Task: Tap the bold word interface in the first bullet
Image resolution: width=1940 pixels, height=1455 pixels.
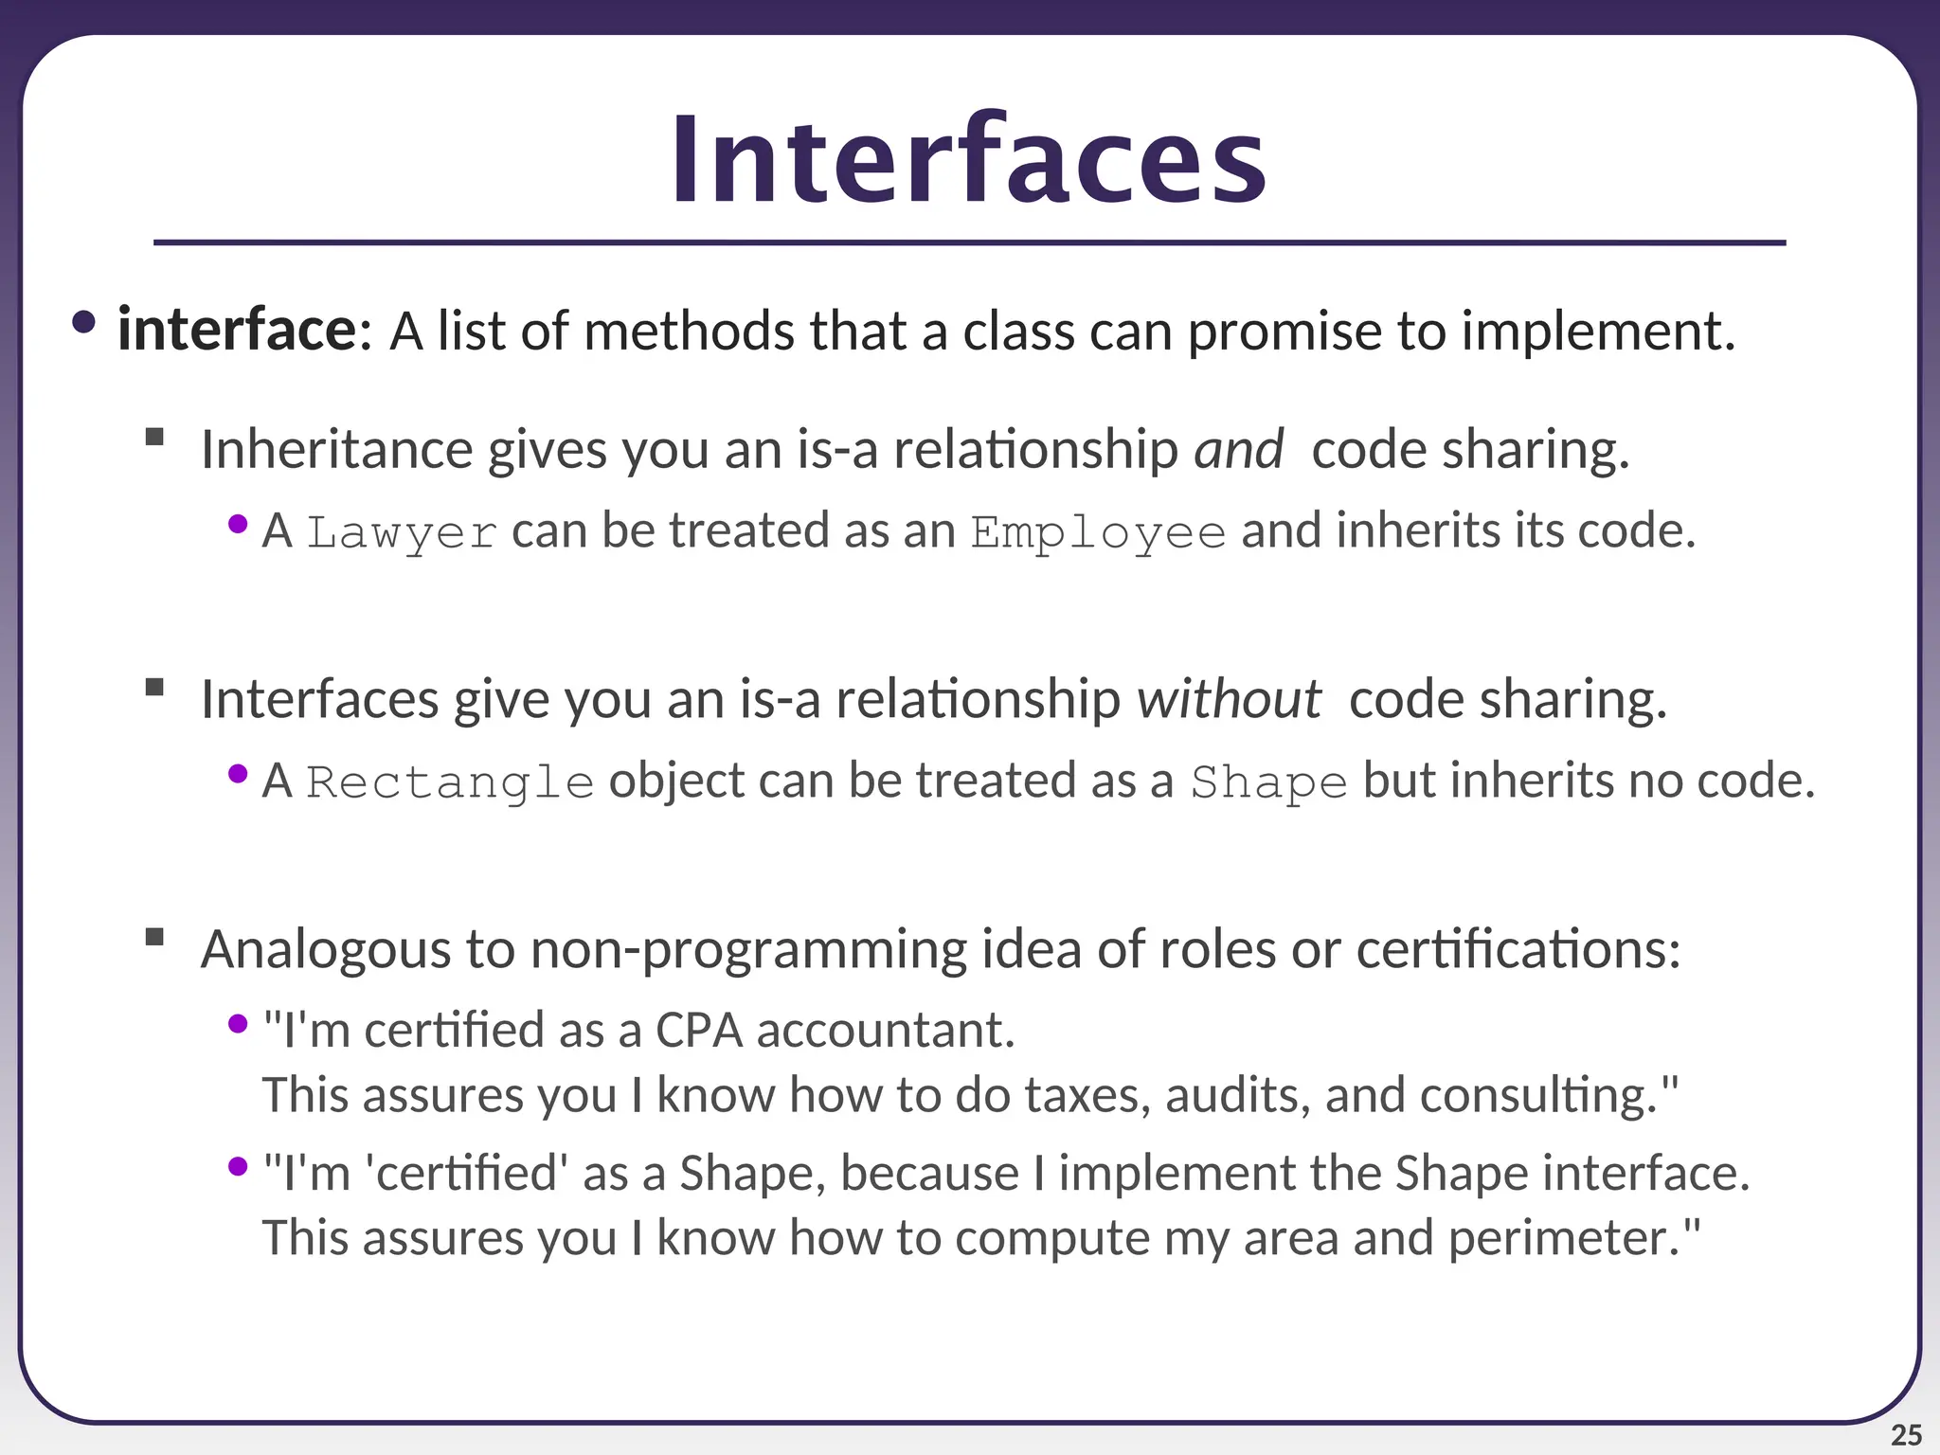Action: pos(237,331)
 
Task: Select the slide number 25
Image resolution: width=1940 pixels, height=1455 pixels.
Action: pos(1906,1434)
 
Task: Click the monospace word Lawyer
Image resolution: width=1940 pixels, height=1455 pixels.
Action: pos(402,532)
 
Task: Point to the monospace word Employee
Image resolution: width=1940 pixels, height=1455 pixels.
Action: pos(1098,532)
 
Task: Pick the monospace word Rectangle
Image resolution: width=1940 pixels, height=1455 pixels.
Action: pos(450,782)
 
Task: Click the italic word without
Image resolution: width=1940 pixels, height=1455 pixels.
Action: pos(1229,699)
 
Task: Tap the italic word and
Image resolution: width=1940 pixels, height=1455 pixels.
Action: pos(1238,449)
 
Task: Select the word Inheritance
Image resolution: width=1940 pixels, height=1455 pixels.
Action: pos(336,449)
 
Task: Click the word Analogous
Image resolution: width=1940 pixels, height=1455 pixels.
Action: pos(326,949)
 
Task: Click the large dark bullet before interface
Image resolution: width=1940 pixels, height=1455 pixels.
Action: pos(83,322)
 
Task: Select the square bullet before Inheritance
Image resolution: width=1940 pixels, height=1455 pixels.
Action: pos(155,437)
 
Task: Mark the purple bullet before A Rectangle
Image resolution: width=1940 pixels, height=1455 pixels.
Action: pos(238,774)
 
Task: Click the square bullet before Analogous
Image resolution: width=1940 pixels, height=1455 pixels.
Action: pos(155,937)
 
